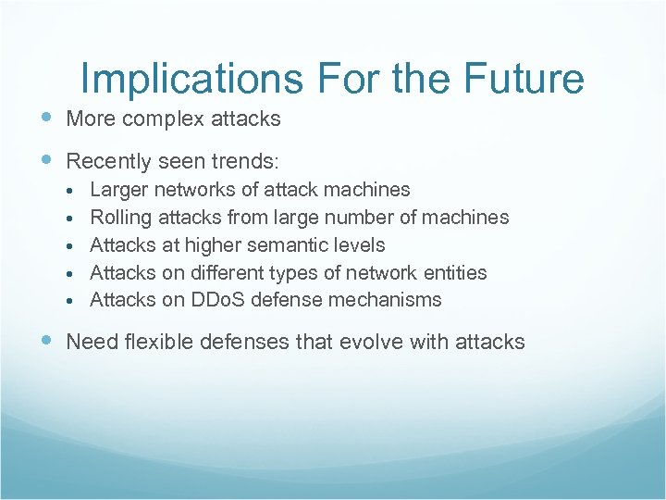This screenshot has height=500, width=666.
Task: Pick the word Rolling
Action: (x=120, y=218)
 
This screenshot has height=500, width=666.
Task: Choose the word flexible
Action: (x=149, y=342)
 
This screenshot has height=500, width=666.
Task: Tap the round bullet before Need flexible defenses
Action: (x=47, y=342)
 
